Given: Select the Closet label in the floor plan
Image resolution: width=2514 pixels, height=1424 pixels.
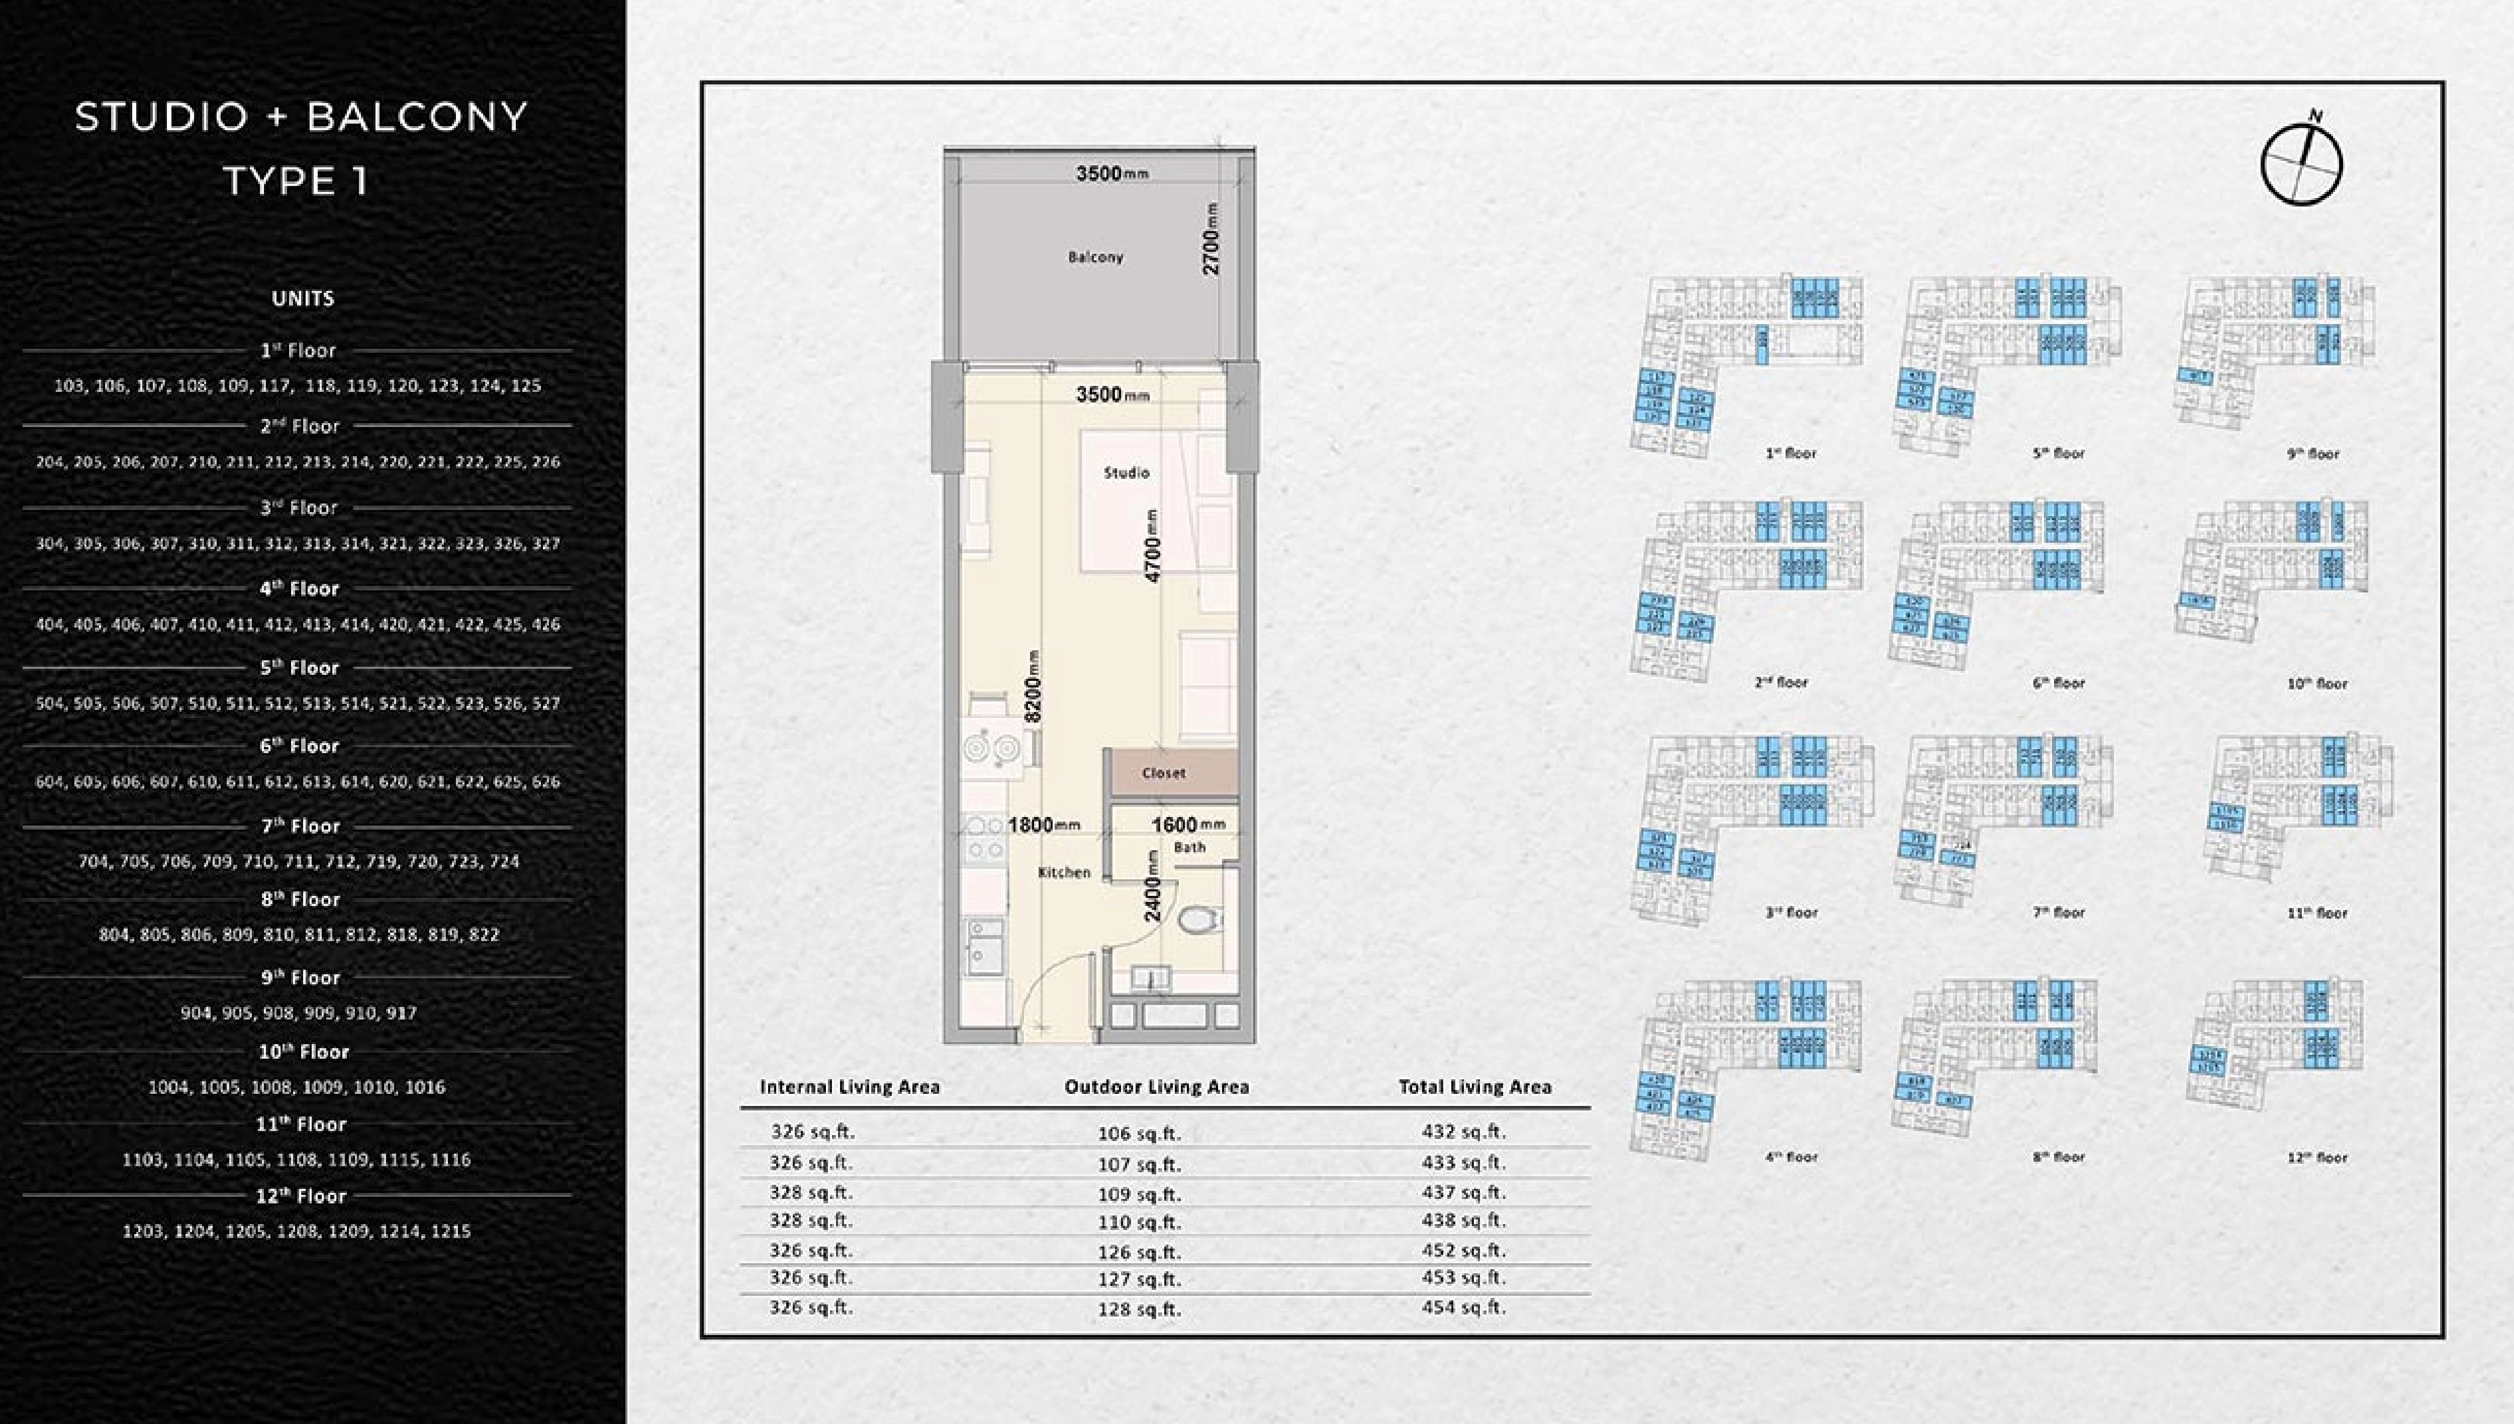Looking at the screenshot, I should (1163, 773).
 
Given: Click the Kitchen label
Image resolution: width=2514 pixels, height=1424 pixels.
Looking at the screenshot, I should (1063, 872).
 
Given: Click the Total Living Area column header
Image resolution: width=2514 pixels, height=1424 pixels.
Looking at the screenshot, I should (1474, 1086).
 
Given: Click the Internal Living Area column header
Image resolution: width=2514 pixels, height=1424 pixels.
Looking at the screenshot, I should (849, 1086).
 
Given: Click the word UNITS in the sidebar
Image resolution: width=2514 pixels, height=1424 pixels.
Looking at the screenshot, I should (302, 298).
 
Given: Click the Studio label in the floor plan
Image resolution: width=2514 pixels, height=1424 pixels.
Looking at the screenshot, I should (1126, 472).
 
